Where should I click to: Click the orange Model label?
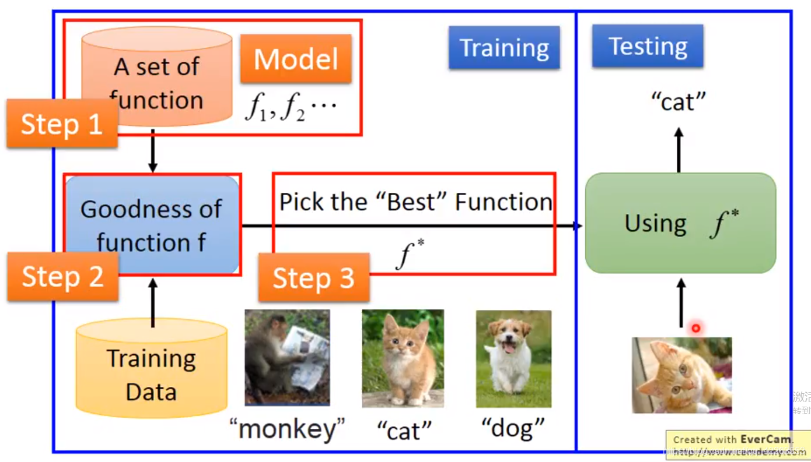coord(296,58)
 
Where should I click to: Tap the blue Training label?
coord(504,48)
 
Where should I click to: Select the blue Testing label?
coord(648,46)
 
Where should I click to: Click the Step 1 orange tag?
coord(62,124)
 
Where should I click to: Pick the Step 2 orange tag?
coord(62,277)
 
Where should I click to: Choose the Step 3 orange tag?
coord(314,278)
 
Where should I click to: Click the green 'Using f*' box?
coord(680,223)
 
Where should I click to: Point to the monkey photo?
coord(287,357)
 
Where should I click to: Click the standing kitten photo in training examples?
coord(403,358)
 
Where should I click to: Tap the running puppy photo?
coord(513,358)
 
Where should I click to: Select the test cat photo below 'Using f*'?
coord(681,375)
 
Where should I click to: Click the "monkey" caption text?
coord(287,430)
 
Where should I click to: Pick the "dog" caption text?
coord(513,429)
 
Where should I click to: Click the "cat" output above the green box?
coord(679,102)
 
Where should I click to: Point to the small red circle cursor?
coord(695,329)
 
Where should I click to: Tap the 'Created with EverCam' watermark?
coord(737,445)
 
